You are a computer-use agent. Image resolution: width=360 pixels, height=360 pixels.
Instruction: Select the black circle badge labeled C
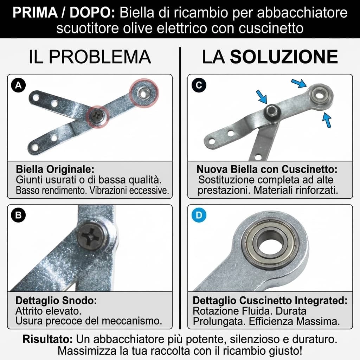click(199, 85)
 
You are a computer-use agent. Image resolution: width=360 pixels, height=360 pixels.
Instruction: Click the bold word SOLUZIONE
click(284, 57)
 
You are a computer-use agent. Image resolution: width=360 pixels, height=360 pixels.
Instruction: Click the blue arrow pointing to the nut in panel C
click(262, 96)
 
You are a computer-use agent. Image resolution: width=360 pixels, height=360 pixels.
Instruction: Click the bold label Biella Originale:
click(55, 169)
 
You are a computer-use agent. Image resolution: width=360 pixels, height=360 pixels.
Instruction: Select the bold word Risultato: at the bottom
click(47, 340)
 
